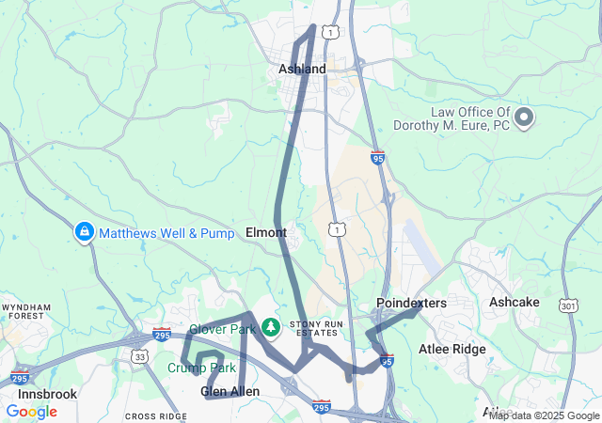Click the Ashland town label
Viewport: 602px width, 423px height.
point(302,69)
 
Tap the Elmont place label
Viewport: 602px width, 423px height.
point(265,231)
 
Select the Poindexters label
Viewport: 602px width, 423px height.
point(411,303)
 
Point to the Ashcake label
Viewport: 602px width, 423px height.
point(515,303)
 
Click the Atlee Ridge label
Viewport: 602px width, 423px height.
point(451,350)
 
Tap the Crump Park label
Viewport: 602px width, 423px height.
point(201,368)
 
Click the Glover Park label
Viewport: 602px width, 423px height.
point(222,329)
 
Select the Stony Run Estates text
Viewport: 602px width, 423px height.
point(312,327)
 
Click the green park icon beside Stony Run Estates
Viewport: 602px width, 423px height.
point(271,327)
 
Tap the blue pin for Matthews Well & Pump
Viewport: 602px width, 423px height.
point(84,231)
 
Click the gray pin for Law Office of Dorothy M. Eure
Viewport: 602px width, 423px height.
point(524,118)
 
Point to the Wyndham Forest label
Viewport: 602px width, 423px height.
point(25,312)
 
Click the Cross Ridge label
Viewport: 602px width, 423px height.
point(156,415)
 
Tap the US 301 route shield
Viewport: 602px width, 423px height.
point(568,305)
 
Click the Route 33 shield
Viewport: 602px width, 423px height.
point(139,356)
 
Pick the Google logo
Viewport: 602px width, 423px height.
point(31,412)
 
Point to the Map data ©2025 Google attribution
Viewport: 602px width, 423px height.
point(544,415)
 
